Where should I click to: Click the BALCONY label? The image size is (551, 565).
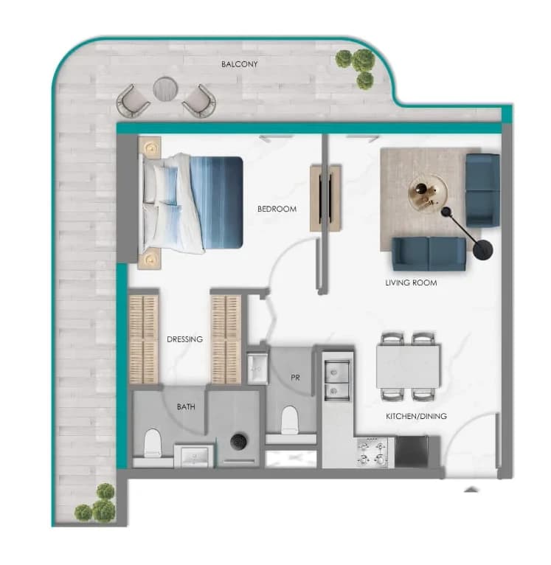click(x=239, y=64)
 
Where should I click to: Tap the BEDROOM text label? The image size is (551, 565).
click(x=277, y=209)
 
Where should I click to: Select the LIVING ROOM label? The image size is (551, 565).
click(x=411, y=282)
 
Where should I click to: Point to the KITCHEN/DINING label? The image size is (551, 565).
click(x=416, y=416)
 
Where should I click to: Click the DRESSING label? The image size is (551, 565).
click(x=184, y=339)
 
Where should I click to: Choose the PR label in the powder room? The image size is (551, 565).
click(x=295, y=378)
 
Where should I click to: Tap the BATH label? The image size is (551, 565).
click(x=186, y=407)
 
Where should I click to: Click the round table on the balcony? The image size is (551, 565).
click(x=165, y=89)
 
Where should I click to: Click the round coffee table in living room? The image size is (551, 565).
click(x=428, y=193)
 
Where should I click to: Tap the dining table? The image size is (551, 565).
click(x=408, y=367)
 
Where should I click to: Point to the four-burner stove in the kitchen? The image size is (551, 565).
click(x=372, y=452)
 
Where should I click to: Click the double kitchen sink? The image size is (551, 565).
click(x=337, y=381)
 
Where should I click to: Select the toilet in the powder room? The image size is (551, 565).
click(x=289, y=420)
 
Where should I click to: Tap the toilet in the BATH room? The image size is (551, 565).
click(x=153, y=443)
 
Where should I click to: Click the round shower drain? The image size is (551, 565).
click(x=238, y=441)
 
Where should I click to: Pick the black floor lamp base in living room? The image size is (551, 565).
click(x=483, y=249)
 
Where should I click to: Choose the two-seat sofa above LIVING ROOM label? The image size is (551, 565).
click(x=429, y=254)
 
